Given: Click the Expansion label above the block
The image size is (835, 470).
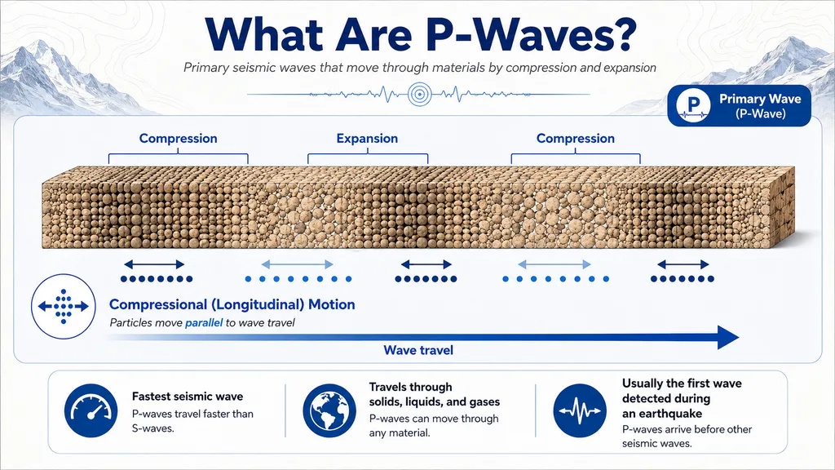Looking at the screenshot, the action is click(367, 139).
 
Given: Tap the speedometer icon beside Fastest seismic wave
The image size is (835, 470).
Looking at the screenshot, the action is click(91, 411).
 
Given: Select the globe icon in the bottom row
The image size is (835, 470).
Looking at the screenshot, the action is click(329, 411).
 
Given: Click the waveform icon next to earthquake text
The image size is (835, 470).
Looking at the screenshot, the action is click(580, 411).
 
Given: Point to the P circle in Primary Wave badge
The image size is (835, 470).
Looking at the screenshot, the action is click(693, 105).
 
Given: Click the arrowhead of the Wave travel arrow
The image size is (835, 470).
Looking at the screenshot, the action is click(728, 337).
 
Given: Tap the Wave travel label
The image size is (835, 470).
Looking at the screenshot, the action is click(418, 350).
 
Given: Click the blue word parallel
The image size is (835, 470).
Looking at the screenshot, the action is click(203, 322).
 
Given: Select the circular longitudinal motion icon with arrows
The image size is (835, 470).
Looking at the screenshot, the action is click(64, 307).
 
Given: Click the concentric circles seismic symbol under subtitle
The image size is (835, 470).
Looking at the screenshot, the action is click(420, 95).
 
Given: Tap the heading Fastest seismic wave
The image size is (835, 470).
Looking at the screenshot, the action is click(188, 397).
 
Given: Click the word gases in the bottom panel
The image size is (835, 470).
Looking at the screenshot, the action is click(484, 401).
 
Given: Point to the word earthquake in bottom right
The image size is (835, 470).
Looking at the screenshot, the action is click(670, 414).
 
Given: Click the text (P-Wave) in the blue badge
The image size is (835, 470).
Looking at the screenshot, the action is click(761, 113).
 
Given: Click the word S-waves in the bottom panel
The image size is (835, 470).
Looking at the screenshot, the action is click(152, 428).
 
